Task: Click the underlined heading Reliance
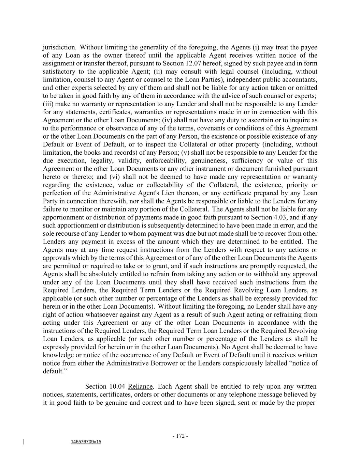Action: click(x=140, y=387)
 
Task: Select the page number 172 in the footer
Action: click(x=180, y=436)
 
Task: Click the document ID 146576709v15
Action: click(x=86, y=442)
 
